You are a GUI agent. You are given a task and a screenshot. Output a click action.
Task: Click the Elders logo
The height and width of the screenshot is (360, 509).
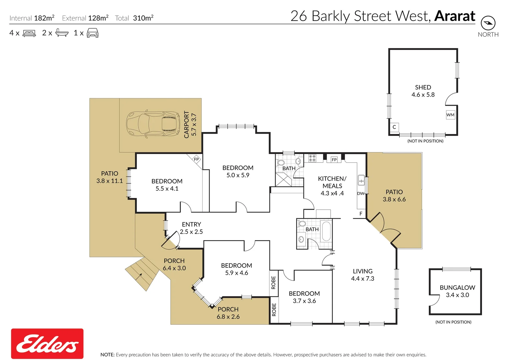(47, 344)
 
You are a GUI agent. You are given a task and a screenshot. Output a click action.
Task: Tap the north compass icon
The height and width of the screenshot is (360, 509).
(488, 23)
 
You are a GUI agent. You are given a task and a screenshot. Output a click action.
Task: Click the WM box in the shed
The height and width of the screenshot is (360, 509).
(450, 115)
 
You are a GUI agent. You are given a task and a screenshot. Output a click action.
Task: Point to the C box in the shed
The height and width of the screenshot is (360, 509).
(394, 127)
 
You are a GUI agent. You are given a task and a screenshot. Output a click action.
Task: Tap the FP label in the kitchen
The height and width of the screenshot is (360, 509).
(334, 160)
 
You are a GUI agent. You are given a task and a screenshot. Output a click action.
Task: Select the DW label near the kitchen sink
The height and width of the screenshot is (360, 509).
(360, 193)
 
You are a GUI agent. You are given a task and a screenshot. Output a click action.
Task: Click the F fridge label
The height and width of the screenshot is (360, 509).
(361, 214)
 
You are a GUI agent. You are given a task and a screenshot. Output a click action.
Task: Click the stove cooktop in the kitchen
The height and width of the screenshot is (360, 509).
(312, 158)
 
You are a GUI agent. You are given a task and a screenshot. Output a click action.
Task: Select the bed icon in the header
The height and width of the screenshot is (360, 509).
(29, 33)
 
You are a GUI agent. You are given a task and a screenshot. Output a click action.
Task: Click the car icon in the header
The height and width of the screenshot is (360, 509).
(93, 33)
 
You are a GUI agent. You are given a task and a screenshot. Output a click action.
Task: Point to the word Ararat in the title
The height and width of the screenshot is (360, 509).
(455, 16)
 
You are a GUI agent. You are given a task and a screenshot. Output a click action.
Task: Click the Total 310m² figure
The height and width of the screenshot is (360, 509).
(143, 18)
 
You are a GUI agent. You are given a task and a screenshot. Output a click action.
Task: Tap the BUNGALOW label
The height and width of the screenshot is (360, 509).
(457, 287)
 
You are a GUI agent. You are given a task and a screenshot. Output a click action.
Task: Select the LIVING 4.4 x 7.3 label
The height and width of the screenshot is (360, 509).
(363, 275)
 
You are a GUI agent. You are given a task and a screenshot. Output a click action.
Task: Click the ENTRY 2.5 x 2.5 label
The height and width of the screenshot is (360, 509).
(191, 228)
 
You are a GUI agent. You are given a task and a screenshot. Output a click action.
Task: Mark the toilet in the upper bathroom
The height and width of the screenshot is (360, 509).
(281, 163)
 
